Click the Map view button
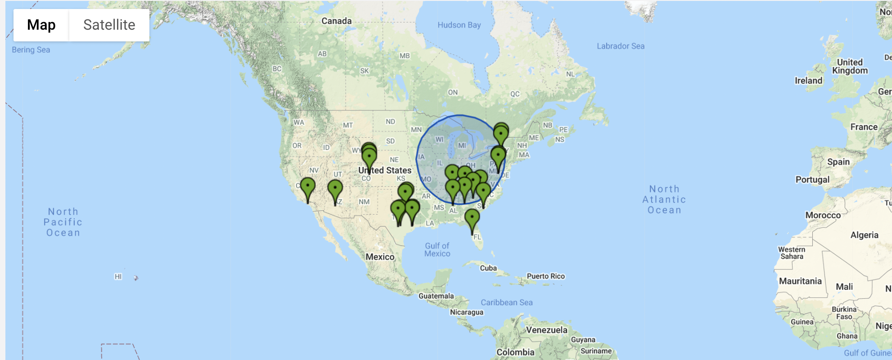tap(41, 25)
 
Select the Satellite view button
tap(109, 25)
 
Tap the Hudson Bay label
tap(459, 25)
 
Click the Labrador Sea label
tap(620, 46)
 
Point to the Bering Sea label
tap(31, 50)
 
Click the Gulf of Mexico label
tap(437, 250)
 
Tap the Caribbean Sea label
tap(506, 302)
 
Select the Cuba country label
tap(488, 268)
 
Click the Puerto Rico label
tap(545, 276)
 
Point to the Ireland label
tap(808, 81)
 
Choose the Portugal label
tap(812, 180)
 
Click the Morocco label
tap(823, 215)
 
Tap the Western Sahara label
tap(792, 253)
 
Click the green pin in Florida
tap(472, 219)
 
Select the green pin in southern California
tap(308, 187)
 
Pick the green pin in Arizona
tap(335, 189)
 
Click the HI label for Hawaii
tap(118, 276)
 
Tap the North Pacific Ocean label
tap(63, 222)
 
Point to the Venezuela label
tap(546, 330)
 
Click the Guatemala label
tap(436, 296)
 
